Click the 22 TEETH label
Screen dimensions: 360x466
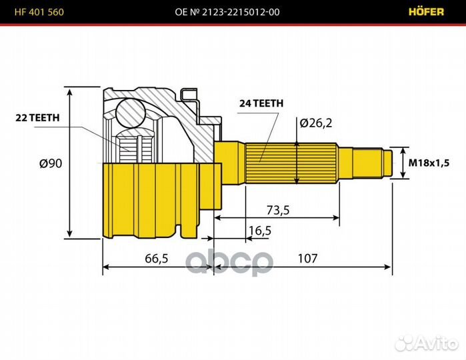tap(38, 117)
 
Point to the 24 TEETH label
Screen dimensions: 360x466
tap(261, 103)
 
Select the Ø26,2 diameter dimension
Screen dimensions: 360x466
tap(316, 123)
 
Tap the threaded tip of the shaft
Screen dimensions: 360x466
tap(385, 163)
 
